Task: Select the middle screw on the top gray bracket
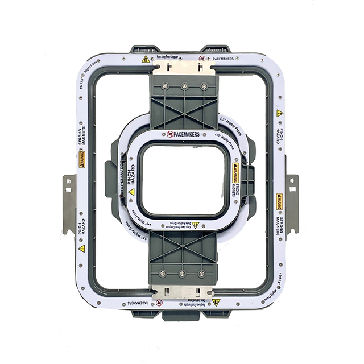[x=184, y=86]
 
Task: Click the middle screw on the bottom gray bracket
[x=182, y=274]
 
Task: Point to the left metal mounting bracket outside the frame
[x=69, y=204]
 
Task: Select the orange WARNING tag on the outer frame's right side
[x=279, y=202]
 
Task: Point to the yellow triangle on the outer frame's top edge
[x=146, y=59]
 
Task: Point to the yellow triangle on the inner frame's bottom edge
[x=195, y=225]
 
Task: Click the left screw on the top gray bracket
[x=164, y=86]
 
